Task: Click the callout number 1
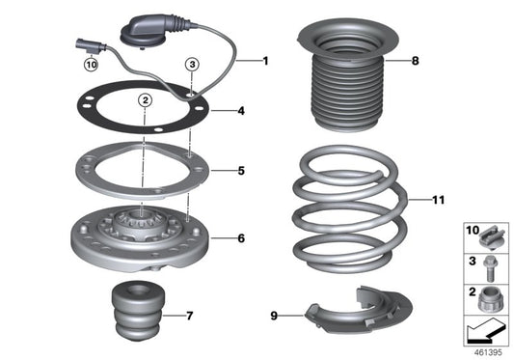coord(266,61)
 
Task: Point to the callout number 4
coord(242,111)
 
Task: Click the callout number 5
coord(242,171)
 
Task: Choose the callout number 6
coord(242,235)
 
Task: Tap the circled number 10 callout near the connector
coord(91,65)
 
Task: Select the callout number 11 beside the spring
coord(439,201)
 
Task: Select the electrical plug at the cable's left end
coord(86,42)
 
